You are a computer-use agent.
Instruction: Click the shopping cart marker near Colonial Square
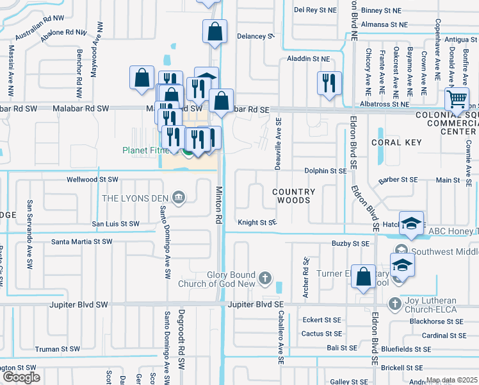coord(456,99)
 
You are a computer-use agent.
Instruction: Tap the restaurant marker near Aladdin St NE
coord(329,83)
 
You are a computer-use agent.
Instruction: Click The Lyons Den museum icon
coord(179,198)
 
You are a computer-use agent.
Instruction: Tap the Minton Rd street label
coord(218,205)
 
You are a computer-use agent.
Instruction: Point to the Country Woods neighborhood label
coord(294,196)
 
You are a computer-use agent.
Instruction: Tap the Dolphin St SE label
coord(325,171)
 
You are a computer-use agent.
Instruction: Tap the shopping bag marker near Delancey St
coord(215,31)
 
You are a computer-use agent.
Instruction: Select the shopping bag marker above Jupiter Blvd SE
coord(363,277)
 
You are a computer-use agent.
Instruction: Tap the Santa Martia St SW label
coord(81,242)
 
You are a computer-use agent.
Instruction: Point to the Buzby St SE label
coord(350,244)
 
